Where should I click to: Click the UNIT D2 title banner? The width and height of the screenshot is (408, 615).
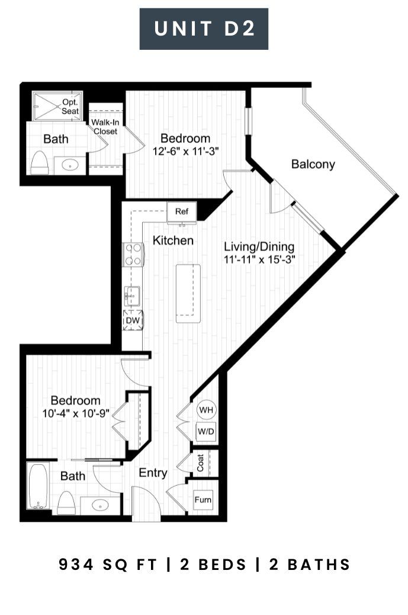tap(204, 29)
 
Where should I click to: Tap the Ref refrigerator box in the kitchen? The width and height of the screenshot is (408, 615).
tap(182, 212)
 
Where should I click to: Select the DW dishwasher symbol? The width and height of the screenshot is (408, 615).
tap(133, 320)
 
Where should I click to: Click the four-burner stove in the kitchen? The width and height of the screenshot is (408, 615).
tap(133, 254)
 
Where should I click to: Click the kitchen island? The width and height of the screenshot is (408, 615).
tap(188, 294)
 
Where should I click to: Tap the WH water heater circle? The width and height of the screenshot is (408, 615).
tap(206, 410)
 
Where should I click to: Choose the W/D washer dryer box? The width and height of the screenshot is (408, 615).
tap(206, 432)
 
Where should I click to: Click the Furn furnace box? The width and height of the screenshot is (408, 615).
tap(203, 500)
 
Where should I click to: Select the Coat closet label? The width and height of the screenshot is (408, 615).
tap(201, 463)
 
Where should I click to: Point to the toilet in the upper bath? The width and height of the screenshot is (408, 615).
tap(39, 162)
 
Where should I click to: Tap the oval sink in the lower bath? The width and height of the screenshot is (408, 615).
tap(101, 505)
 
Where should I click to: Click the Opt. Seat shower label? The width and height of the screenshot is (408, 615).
tap(70, 107)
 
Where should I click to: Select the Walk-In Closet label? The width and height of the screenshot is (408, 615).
tap(105, 127)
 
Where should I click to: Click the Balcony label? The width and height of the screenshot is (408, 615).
tap(313, 164)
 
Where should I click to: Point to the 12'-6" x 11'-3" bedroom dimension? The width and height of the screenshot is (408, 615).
tap(185, 151)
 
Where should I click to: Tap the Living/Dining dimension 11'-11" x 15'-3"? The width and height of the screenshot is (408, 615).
tap(259, 259)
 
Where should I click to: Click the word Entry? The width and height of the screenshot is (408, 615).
tap(153, 473)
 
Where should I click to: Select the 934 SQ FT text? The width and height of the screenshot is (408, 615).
tap(108, 565)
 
